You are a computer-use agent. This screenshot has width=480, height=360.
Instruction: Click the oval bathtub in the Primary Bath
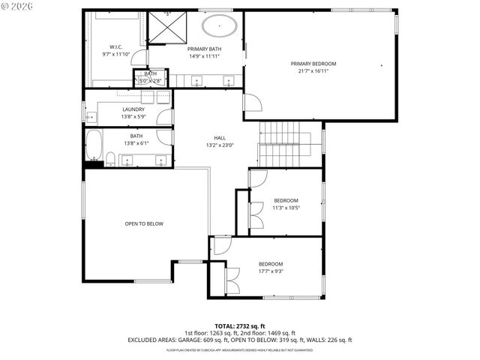tap(219, 27)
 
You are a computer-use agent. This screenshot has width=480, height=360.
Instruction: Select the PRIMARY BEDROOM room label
tap(313, 64)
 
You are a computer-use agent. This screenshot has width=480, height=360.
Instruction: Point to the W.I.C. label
tap(115, 47)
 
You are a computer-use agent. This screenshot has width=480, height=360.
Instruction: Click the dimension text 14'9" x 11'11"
tap(205, 55)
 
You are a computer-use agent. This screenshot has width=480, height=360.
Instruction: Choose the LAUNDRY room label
tap(133, 109)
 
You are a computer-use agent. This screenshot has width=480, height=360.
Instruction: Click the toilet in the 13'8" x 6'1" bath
tap(109, 157)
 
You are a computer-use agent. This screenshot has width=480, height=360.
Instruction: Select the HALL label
tap(220, 138)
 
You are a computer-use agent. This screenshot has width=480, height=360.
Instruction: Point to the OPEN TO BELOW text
tap(144, 223)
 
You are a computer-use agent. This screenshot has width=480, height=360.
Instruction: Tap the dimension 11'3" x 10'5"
tap(286, 208)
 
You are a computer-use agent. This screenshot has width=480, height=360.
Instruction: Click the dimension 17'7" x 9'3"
tap(271, 271)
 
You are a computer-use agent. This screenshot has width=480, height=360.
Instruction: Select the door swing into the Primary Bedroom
tap(253, 103)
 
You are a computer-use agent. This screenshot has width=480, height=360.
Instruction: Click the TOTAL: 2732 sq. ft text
tap(239, 325)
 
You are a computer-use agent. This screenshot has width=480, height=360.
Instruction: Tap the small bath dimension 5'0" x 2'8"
tap(151, 80)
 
